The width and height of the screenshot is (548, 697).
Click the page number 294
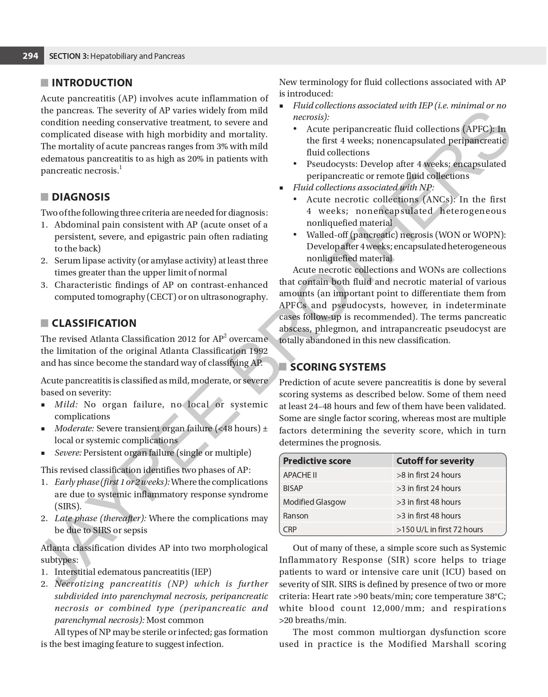[30, 56]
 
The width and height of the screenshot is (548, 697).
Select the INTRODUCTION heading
[92, 83]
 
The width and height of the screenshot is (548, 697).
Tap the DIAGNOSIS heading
[81, 197]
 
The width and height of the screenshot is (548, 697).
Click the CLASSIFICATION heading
[94, 323]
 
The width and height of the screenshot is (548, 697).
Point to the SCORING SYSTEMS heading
[338, 367]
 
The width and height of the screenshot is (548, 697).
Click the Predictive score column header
[317, 461]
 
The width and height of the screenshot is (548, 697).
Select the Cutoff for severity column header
[435, 461]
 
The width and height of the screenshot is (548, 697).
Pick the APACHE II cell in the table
[300, 475]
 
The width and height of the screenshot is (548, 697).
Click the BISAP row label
[293, 488]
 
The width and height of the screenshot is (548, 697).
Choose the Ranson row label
[295, 516]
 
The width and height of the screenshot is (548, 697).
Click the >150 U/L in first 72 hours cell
[439, 530]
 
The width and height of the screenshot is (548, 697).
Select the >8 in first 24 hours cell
[428, 475]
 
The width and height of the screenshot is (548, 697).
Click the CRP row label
[290, 530]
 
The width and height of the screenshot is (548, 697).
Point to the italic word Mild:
[66, 404]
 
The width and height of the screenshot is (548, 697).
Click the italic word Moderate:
[74, 428]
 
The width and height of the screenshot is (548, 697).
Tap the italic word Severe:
[68, 453]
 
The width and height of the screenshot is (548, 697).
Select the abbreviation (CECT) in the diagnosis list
[162, 297]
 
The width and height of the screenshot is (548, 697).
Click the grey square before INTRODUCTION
[44, 83]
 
